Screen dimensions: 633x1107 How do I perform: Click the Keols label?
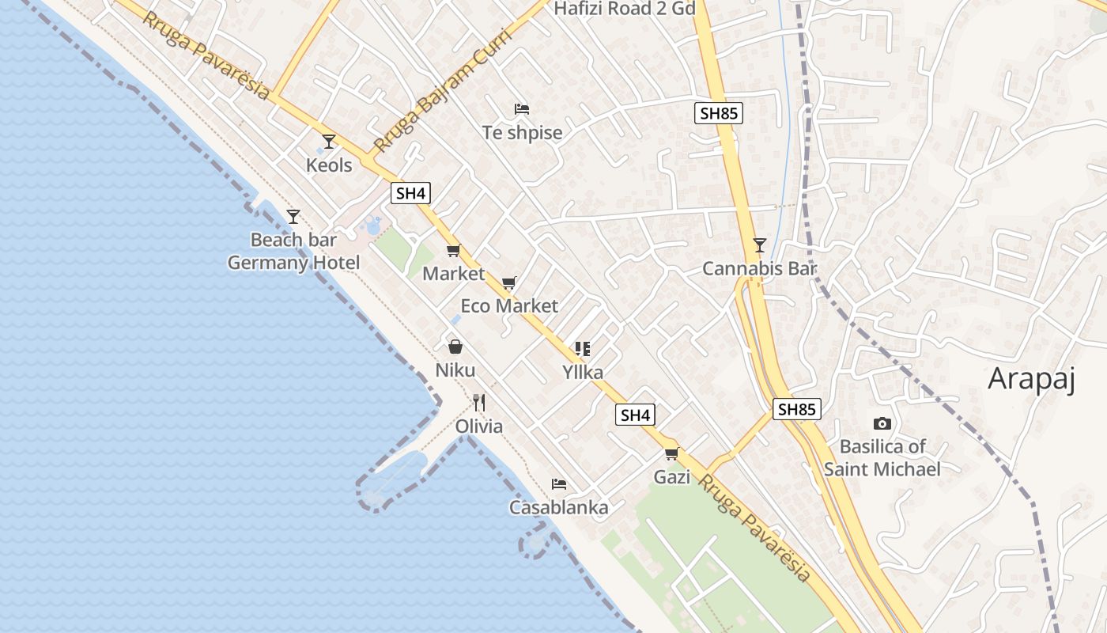[329, 165]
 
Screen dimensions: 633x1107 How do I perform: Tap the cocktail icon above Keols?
[329, 142]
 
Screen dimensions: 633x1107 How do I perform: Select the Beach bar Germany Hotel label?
[293, 251]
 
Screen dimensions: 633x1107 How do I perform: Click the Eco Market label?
[509, 305]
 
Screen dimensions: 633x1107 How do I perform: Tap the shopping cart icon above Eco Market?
[509, 282]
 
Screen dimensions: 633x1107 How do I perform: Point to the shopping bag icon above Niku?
[455, 347]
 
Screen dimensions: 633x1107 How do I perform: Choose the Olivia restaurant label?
[478, 426]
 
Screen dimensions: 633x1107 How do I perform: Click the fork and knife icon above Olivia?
[478, 403]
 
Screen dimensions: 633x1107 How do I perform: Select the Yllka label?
[583, 372]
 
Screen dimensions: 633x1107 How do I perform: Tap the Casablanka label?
[559, 507]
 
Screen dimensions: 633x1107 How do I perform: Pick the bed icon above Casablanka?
[559, 483]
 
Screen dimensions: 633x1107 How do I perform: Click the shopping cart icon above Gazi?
[671, 453]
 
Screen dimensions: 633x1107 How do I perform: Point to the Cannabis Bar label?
[759, 268]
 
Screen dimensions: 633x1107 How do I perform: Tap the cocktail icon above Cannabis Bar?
[759, 244]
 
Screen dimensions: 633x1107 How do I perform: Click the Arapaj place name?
[1032, 380]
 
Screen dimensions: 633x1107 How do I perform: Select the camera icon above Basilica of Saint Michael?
[882, 424]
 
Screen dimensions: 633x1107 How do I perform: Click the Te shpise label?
[522, 132]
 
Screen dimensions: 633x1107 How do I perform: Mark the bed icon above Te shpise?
[521, 108]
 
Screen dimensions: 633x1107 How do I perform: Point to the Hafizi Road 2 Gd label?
[625, 9]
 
